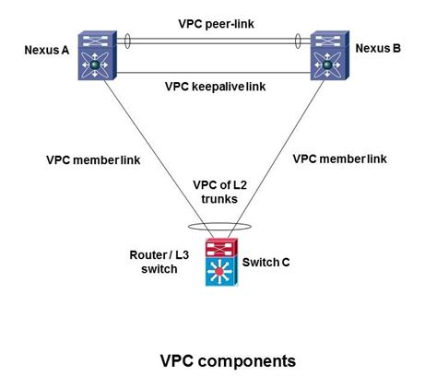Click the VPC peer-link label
pyautogui.click(x=214, y=19)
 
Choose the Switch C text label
pyautogui.click(x=266, y=263)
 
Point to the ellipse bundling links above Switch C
pyautogui.click(x=219, y=224)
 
